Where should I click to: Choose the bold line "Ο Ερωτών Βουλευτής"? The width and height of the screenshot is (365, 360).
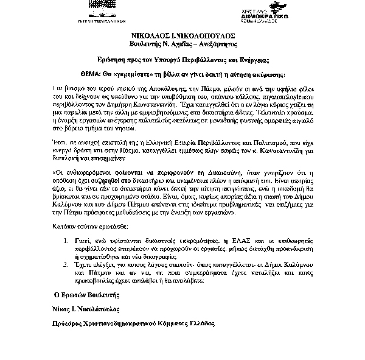(x=81, y=294)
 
